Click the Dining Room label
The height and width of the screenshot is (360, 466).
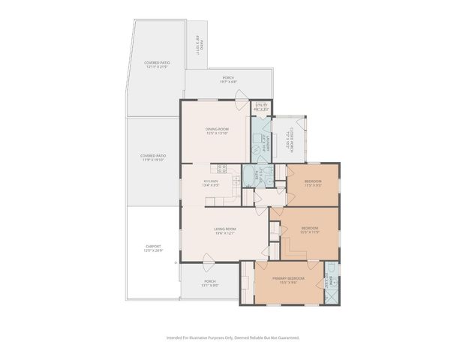tap(217, 131)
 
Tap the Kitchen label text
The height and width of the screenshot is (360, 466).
tap(211, 183)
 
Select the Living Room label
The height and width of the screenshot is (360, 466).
tap(224, 230)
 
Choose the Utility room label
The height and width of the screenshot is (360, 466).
tap(261, 106)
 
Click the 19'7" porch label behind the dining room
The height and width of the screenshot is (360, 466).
tap(228, 79)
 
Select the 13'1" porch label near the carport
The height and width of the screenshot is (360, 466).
tap(209, 283)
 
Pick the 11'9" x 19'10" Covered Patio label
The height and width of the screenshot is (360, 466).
tap(152, 157)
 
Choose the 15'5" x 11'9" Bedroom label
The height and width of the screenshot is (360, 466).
tap(310, 231)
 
